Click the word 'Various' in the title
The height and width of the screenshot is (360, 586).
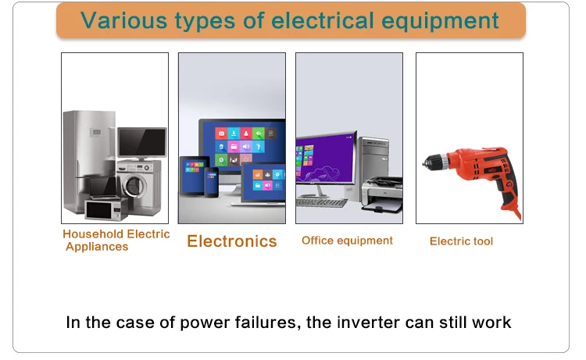(123, 20)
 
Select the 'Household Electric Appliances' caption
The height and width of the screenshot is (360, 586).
(116, 240)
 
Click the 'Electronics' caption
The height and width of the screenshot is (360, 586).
(232, 241)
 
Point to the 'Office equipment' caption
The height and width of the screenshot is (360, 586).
(347, 241)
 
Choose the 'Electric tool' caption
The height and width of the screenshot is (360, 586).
(461, 241)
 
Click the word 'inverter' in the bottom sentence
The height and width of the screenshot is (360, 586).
(368, 323)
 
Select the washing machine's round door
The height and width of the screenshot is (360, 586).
(134, 185)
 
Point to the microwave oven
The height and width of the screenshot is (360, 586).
(106, 210)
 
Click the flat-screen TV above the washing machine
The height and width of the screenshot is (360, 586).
(142, 143)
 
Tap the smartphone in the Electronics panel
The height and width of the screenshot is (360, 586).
(211, 182)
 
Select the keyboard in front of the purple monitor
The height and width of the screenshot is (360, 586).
(321, 203)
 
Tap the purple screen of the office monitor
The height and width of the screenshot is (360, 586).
(325, 158)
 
